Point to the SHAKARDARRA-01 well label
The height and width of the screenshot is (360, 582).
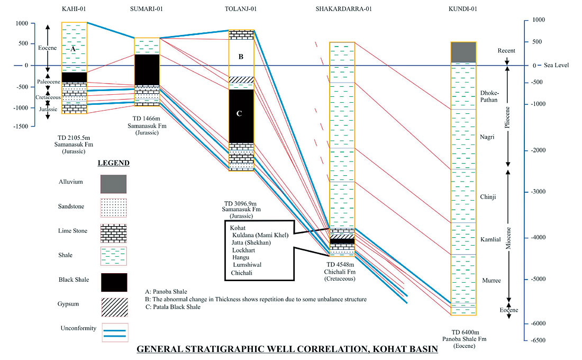[342, 10]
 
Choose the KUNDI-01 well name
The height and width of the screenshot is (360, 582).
[462, 10]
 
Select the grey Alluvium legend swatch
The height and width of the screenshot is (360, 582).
[114, 184]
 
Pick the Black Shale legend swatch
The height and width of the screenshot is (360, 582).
[114, 282]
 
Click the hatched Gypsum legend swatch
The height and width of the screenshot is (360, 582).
[114, 307]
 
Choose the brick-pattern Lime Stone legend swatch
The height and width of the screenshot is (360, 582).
[114, 232]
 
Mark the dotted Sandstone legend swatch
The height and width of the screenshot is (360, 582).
[114, 208]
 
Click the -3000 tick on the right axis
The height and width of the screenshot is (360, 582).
[539, 192]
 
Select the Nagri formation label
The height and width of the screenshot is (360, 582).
[487, 137]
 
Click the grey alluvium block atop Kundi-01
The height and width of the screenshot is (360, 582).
[463, 52]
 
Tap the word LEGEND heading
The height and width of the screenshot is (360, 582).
[114, 163]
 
